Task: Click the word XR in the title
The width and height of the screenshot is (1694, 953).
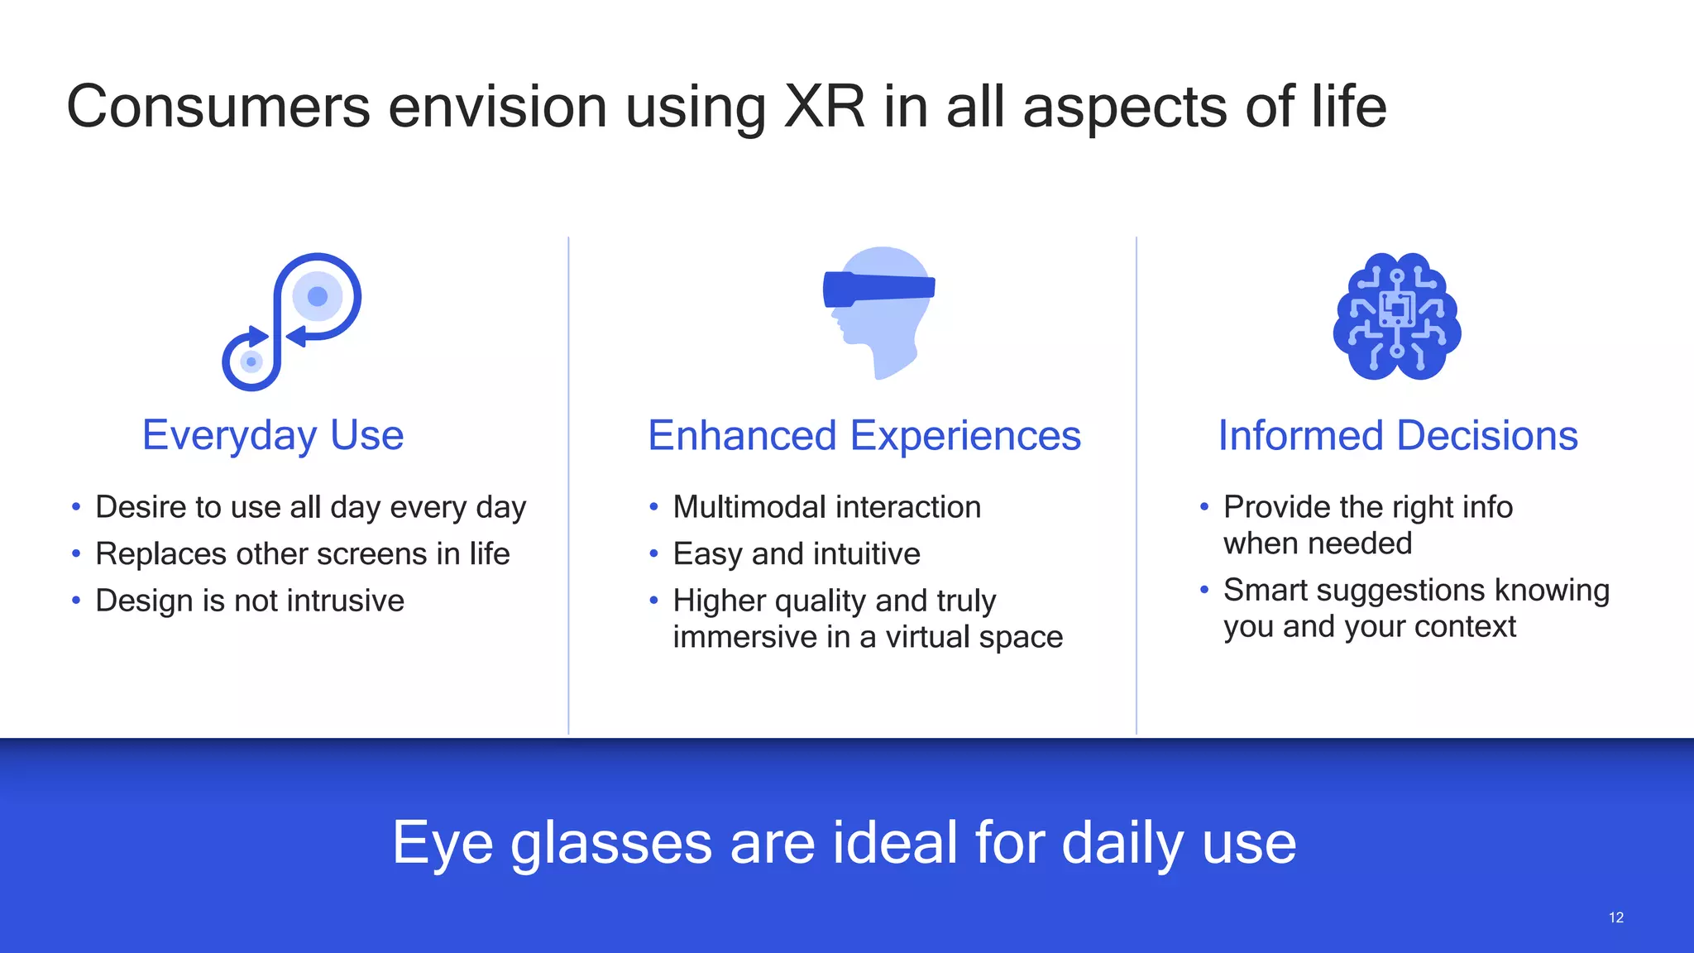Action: [823, 108]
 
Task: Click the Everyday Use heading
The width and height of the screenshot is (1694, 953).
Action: [273, 435]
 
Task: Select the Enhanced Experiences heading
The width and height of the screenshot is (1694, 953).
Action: [864, 436]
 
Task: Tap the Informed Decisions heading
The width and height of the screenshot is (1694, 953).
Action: [1397, 436]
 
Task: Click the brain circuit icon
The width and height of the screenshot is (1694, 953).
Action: [1397, 317]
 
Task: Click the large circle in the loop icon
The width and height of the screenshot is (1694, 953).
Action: [318, 296]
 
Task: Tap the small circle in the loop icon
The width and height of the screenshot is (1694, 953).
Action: [251, 362]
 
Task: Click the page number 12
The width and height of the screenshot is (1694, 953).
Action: [1615, 917]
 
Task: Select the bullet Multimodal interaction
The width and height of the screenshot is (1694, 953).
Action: [826, 507]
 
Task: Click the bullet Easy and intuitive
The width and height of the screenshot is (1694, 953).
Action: [796, 554]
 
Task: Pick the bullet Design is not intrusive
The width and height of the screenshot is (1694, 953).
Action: [249, 601]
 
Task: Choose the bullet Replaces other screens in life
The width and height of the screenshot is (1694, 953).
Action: [302, 554]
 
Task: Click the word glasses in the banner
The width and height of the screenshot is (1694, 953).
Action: [610, 844]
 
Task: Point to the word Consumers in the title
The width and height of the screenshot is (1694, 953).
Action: [218, 108]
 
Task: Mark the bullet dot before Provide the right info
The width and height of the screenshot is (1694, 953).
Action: [1204, 506]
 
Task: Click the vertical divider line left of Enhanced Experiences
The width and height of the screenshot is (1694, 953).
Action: [568, 486]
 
